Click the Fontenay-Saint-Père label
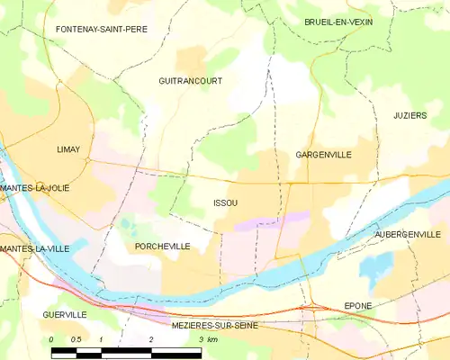[102, 30]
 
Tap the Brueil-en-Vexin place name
[338, 22]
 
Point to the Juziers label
[409, 116]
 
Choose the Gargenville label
[323, 155]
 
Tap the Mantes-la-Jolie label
[35, 188]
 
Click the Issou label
[226, 203]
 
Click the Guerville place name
[64, 315]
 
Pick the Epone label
[358, 306]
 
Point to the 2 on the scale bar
[151, 339]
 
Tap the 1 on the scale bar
[101, 339]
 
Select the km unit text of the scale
[211, 339]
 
